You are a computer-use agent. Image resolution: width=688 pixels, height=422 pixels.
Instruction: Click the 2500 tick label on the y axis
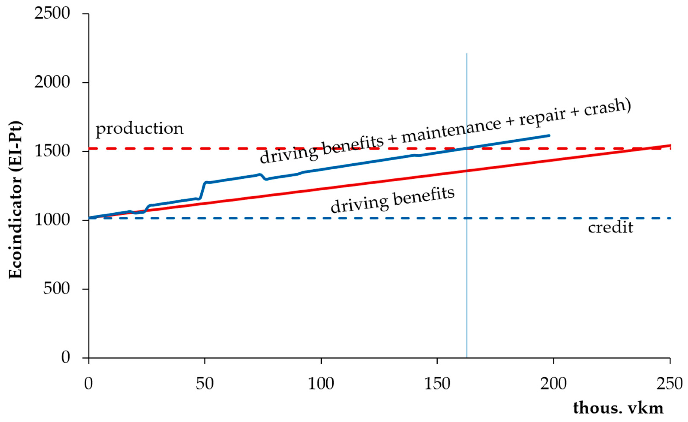point(52,14)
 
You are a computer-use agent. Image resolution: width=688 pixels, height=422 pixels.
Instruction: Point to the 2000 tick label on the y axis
point(52,82)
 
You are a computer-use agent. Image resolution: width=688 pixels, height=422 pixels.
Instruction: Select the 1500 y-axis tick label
point(52,151)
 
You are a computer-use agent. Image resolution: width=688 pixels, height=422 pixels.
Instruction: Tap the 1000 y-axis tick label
point(52,220)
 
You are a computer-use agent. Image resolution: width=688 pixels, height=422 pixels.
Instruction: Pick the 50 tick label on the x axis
point(205,384)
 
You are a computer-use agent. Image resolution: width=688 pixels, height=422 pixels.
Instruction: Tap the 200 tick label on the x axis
point(553,384)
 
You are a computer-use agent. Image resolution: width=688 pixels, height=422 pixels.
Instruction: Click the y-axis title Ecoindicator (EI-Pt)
point(16,200)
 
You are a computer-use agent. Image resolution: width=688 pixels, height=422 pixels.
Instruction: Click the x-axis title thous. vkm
point(618,408)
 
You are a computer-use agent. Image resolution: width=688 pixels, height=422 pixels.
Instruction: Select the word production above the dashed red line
point(140,129)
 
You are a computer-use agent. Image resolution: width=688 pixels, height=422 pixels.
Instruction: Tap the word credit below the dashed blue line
point(610,228)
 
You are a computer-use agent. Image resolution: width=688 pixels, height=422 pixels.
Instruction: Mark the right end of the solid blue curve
point(549,136)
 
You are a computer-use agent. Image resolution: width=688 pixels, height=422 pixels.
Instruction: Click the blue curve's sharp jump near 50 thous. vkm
point(203,190)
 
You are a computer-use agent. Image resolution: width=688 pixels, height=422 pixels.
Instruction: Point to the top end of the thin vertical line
point(467,54)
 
